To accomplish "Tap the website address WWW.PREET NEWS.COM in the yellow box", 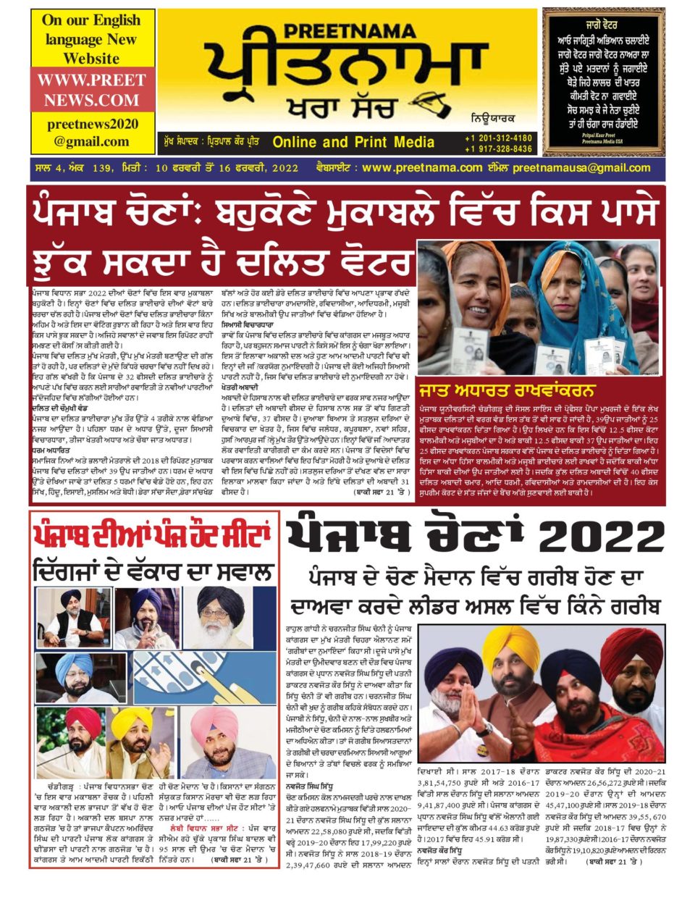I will pyautogui.click(x=92, y=90).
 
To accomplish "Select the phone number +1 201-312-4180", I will pyautogui.click(x=499, y=138).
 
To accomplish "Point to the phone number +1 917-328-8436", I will pyautogui.click(x=499, y=149).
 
